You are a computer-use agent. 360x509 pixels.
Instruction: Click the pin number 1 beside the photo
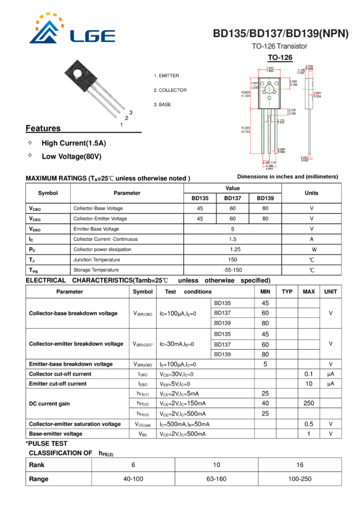tap(121, 125)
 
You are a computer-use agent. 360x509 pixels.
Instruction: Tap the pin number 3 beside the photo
tap(130, 113)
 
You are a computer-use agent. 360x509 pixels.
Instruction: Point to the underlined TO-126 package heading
tap(280, 58)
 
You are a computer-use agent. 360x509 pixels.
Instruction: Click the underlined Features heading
tap(44, 128)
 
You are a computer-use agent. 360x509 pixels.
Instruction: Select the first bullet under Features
tap(29, 143)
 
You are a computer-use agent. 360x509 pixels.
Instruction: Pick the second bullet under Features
tap(29, 155)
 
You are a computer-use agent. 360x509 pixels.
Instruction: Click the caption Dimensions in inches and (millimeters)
tap(288, 177)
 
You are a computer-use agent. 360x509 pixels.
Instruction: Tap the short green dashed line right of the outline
tap(309, 90)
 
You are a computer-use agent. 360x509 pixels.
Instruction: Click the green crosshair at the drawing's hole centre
tap(270, 87)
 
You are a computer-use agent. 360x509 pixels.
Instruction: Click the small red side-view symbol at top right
tap(308, 74)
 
